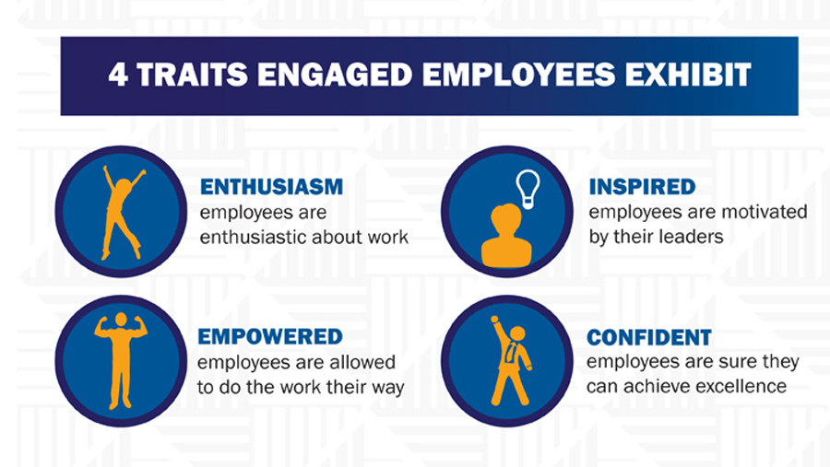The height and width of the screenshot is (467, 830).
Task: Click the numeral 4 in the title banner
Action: [x=118, y=75]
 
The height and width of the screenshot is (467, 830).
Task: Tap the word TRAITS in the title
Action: [x=192, y=75]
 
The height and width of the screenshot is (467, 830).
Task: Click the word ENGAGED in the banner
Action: [x=335, y=75]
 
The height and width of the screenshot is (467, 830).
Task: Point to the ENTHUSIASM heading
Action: [x=271, y=187]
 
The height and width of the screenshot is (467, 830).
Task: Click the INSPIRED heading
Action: [x=642, y=187]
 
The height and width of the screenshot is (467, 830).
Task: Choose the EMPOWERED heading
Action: [x=270, y=336]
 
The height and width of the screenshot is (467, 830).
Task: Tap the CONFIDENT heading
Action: [x=649, y=337]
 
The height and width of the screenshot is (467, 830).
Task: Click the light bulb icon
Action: [x=528, y=189]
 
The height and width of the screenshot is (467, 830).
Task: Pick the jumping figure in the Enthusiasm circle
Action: [x=122, y=213]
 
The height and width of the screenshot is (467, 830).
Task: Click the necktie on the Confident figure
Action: [x=510, y=352]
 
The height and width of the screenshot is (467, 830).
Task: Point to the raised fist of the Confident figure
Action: [x=494, y=320]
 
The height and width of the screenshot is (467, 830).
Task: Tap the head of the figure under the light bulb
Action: [x=506, y=218]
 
